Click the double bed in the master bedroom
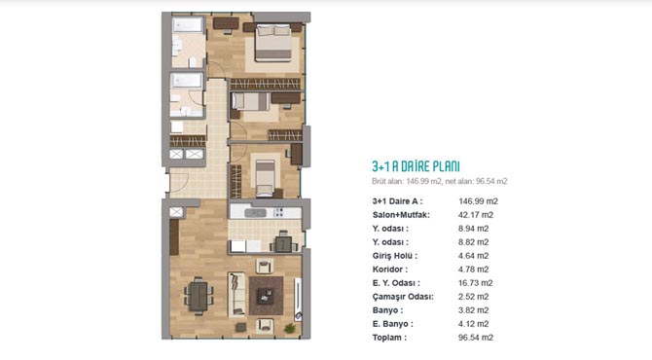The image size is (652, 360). click(273, 43)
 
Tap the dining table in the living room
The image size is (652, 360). click(199, 297)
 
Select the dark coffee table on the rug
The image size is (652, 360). click(265, 296)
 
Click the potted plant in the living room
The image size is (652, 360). click(290, 329)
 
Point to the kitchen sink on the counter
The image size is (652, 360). click(255, 213)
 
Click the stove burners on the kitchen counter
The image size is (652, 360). click(277, 213)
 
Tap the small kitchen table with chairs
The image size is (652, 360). click(284, 242)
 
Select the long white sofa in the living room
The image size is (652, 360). click(236, 294)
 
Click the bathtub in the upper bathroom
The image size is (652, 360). click(188, 25)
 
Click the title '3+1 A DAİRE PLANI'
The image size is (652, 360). click(416, 166)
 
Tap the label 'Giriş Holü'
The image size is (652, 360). click(395, 256)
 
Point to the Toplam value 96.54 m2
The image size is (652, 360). click(476, 338)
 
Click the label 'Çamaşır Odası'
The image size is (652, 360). click(403, 297)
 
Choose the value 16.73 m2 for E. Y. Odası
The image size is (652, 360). click(475, 283)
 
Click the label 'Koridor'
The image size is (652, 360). click(389, 270)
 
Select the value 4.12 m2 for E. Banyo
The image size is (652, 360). click(473, 324)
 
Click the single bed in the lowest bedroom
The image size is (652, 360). click(265, 178)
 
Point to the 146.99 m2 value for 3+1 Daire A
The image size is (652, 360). click(478, 201)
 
